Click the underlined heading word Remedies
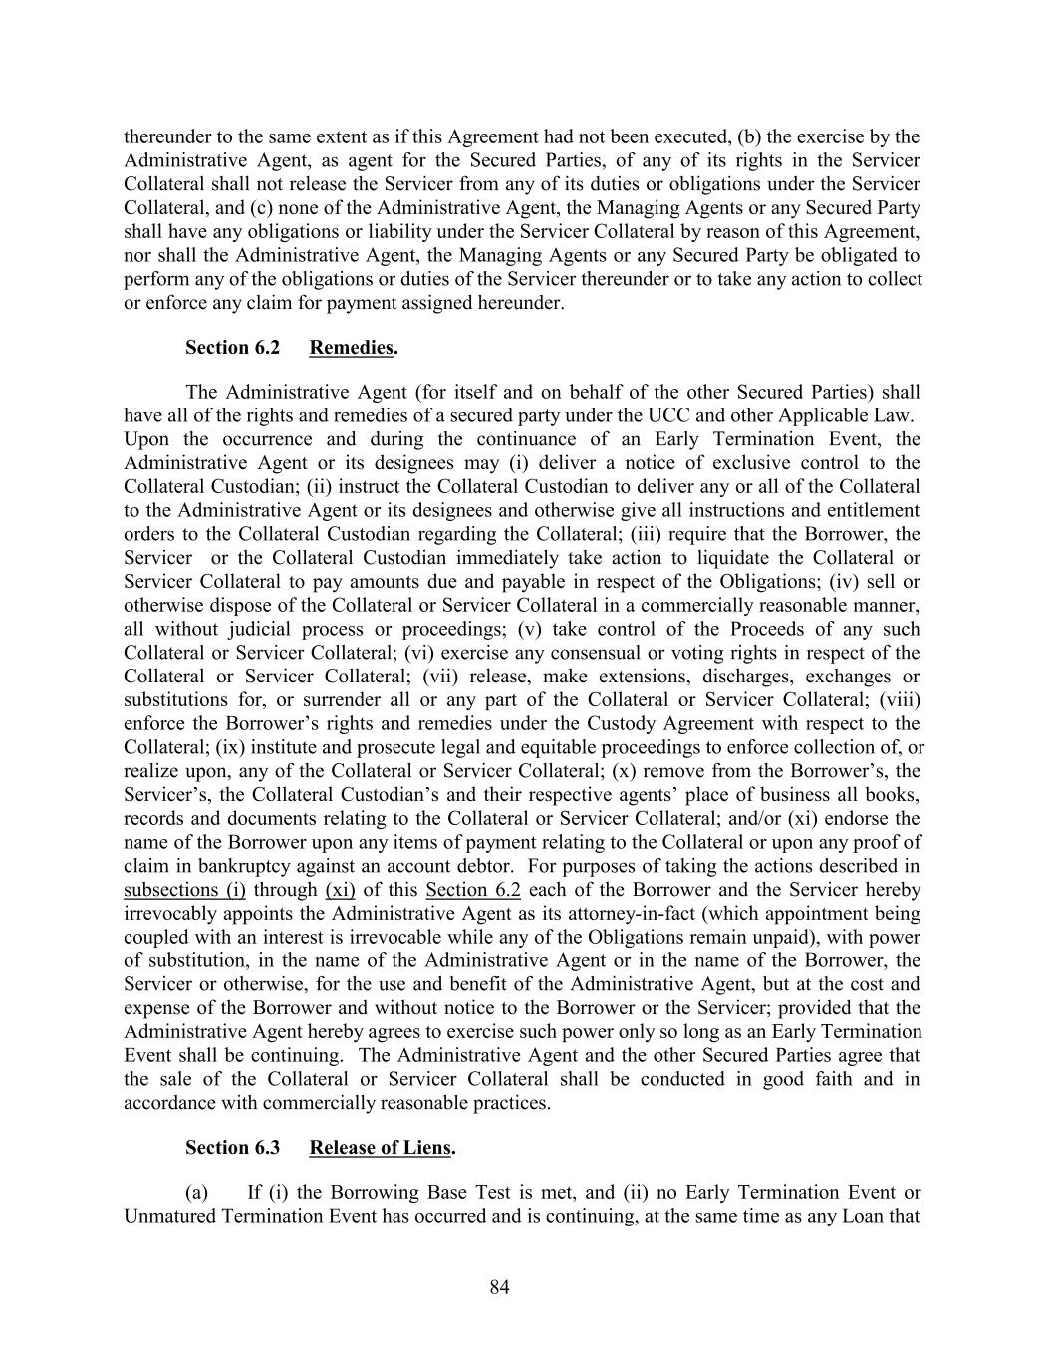coord(351,348)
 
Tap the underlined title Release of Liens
coord(380,1148)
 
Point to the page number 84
coord(500,1288)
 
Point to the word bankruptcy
coord(252,867)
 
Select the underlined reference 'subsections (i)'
coord(185,891)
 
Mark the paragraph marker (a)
coord(196,1193)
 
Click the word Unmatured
coord(168,1217)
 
